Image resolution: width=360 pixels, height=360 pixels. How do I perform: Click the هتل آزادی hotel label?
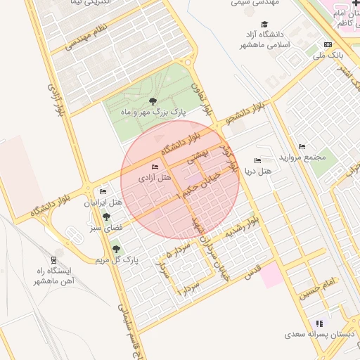pos(155,178)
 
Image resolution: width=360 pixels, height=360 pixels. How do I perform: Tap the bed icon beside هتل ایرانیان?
pos(103,192)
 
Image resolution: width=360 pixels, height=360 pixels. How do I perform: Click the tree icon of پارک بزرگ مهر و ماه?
pos(153,103)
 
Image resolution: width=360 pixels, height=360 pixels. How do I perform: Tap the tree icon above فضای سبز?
pos(106,217)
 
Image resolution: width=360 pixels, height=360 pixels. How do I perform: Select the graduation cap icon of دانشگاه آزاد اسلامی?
pos(264,25)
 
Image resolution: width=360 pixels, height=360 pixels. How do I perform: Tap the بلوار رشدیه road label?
pos(250,225)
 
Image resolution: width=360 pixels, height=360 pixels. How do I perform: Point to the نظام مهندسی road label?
pos(87,39)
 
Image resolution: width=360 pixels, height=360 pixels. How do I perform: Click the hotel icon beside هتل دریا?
pos(257,160)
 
